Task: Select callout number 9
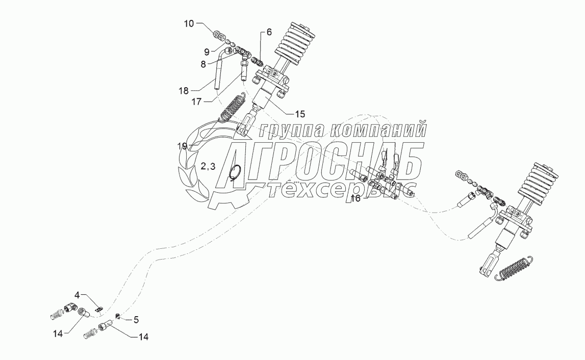point(207,51)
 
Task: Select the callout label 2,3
point(208,166)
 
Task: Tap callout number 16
point(355,198)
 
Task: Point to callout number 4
point(78,295)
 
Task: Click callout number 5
point(136,320)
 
